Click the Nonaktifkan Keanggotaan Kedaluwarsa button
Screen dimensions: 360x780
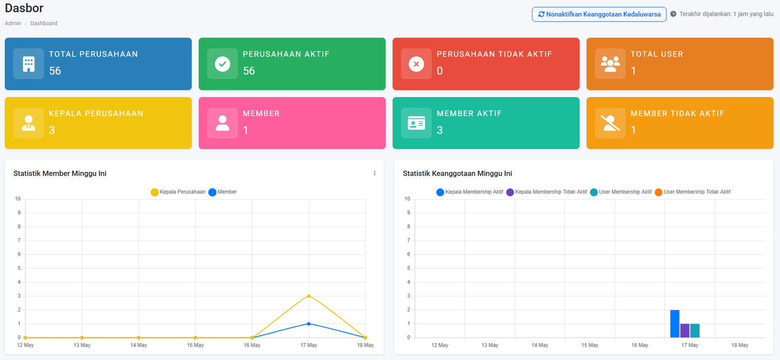(x=599, y=14)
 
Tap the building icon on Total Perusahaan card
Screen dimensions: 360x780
(x=29, y=64)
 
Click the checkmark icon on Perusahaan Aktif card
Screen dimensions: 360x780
(x=222, y=64)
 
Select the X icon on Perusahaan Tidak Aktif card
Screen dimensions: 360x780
(x=416, y=64)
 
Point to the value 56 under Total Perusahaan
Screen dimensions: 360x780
(x=55, y=71)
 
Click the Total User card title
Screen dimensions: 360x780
(x=656, y=54)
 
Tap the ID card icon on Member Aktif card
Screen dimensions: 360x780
(x=416, y=123)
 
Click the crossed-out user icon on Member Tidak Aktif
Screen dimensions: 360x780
(x=610, y=123)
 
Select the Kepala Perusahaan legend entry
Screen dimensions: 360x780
(x=178, y=192)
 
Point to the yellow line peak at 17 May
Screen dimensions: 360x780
(x=309, y=296)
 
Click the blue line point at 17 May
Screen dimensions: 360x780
(x=309, y=324)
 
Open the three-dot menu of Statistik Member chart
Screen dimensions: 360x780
(x=374, y=173)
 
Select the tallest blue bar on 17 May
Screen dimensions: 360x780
(x=675, y=324)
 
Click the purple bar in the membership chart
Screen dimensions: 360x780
(x=685, y=331)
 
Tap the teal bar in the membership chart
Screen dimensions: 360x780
(x=695, y=331)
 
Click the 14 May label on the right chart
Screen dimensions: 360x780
(x=540, y=345)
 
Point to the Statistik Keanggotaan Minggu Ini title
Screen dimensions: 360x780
(x=457, y=174)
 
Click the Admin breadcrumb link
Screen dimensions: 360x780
(x=13, y=23)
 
